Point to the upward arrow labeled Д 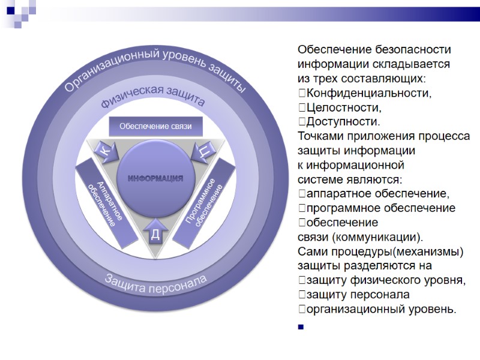pyautogui.click(x=155, y=232)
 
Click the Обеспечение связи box pyautogui.click(x=155, y=127)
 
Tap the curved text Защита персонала pyautogui.click(x=155, y=283)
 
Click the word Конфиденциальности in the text pyautogui.click(x=368, y=93)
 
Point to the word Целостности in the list pyautogui.click(x=343, y=107)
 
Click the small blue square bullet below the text pyautogui.click(x=301, y=327)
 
